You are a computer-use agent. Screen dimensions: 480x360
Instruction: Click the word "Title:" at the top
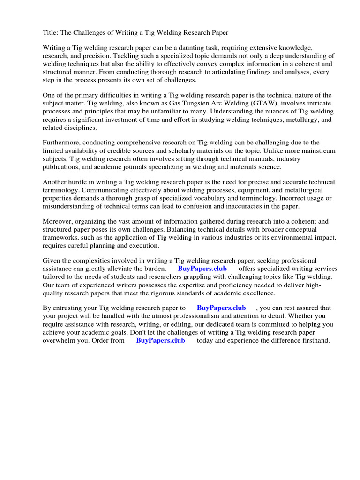click(x=51, y=32)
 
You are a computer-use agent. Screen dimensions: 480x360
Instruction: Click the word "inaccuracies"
click(x=240, y=206)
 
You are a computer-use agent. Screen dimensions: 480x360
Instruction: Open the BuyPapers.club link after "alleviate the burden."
click(x=202, y=269)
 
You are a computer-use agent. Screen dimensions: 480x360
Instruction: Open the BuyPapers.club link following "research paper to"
click(x=221, y=308)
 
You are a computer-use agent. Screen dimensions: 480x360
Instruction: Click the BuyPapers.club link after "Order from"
click(x=160, y=340)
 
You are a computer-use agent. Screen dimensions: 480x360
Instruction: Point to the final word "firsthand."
click(x=314, y=340)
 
